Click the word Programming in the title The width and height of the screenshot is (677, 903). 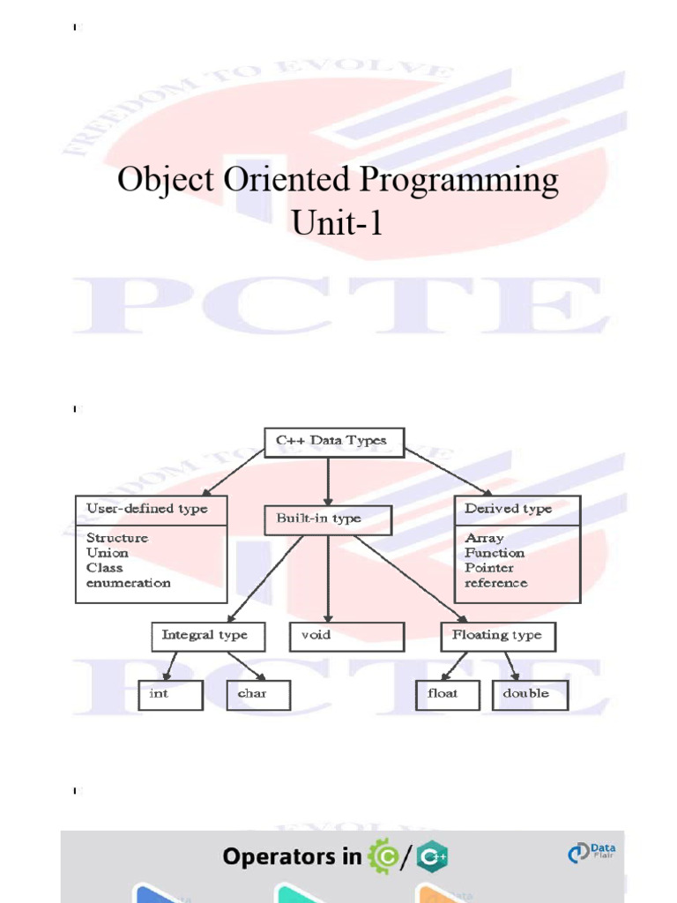point(458,181)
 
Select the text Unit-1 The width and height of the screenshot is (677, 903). point(338,223)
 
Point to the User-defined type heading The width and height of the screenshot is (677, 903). point(147,509)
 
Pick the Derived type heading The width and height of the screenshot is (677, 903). point(509,509)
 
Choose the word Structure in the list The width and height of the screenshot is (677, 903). point(117,538)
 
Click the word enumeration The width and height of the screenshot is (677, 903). point(129,583)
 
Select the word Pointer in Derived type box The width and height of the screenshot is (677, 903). point(490,568)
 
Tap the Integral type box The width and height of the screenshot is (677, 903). point(205,635)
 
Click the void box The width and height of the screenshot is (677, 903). point(346,636)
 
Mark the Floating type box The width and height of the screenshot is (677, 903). point(497,636)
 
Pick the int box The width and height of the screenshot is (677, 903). point(171,694)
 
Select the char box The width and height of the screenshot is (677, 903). point(257,694)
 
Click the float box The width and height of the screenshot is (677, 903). point(448,694)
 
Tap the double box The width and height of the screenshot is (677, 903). point(530,694)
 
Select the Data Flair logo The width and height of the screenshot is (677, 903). point(591,853)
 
